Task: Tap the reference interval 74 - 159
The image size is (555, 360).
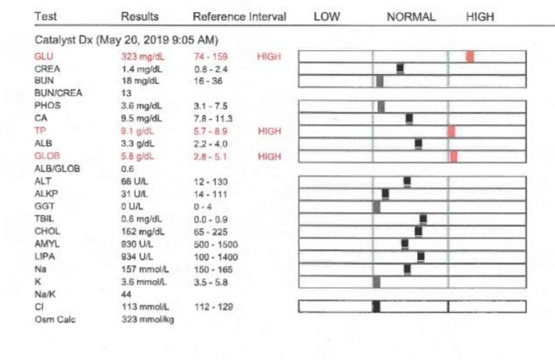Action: tap(210, 56)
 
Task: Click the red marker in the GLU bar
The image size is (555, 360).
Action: tap(470, 56)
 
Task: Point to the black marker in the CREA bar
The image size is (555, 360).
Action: tap(400, 68)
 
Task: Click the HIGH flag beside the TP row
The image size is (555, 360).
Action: tap(269, 131)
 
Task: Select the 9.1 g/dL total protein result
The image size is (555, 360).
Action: tap(137, 131)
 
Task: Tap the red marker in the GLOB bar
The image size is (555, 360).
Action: tap(453, 156)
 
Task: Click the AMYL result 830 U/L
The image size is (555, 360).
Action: tap(137, 244)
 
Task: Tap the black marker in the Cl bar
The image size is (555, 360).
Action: tap(376, 306)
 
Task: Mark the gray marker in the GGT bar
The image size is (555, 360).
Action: tap(376, 207)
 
